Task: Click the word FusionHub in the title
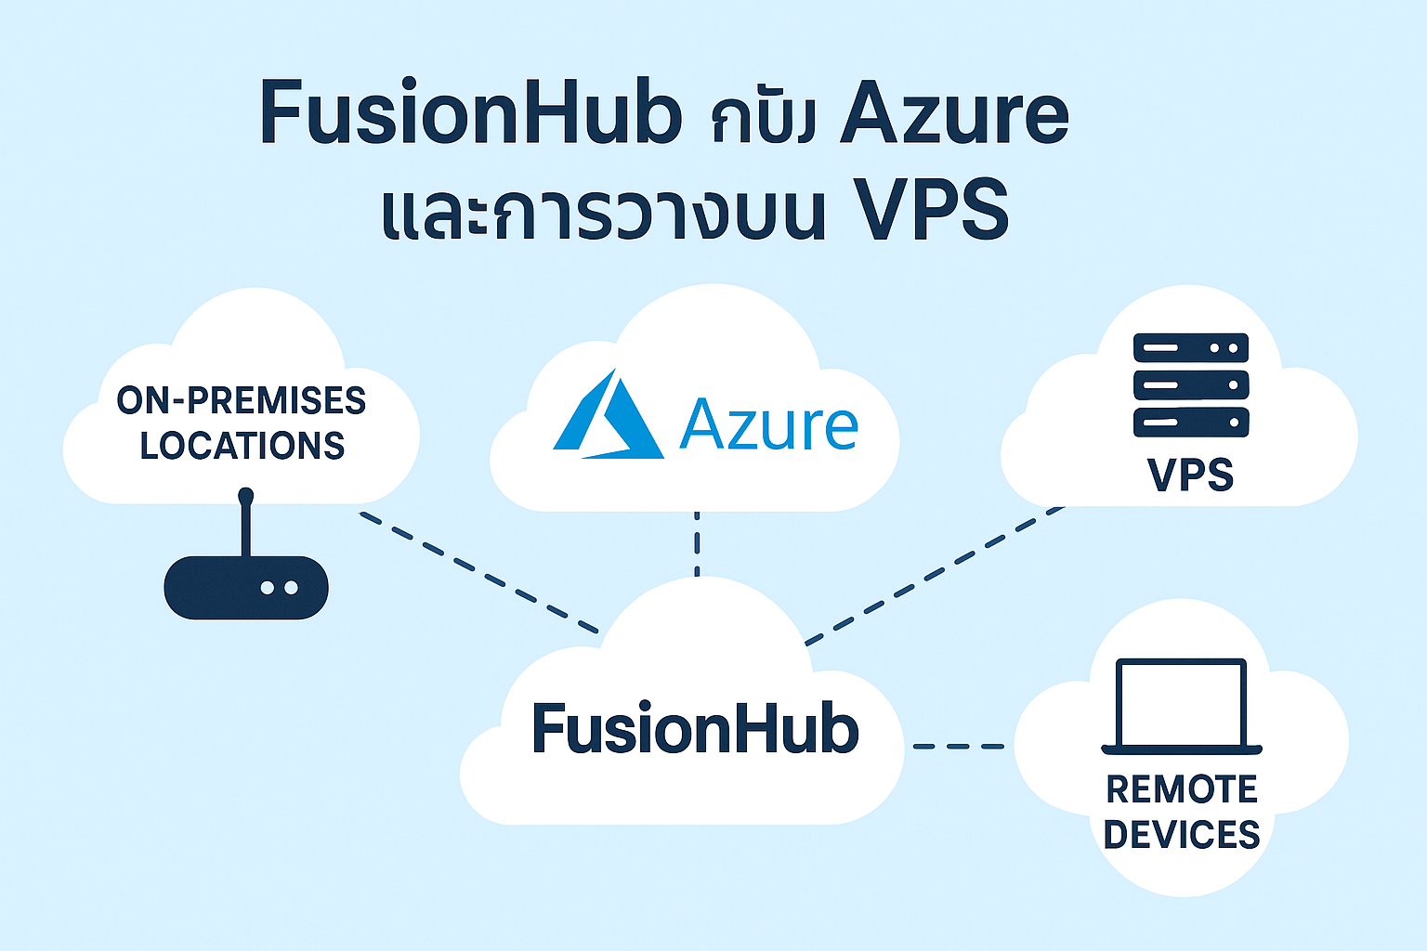(470, 113)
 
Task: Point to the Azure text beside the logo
(768, 424)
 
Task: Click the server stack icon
(1191, 384)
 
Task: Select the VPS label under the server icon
(1191, 475)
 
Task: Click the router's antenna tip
(246, 494)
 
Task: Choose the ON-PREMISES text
(242, 401)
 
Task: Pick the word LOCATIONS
(242, 446)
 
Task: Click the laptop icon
(1182, 706)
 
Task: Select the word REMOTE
(1182, 789)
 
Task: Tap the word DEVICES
(1182, 834)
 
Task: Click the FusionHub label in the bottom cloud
(695, 729)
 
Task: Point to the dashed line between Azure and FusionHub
(697, 543)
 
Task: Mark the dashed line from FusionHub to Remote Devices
(959, 746)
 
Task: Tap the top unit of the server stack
(1191, 348)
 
